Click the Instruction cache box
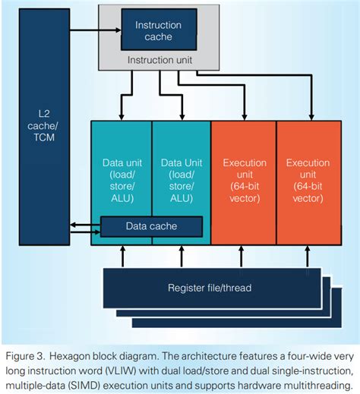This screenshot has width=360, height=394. coord(159,30)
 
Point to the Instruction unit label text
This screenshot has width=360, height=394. coord(159,59)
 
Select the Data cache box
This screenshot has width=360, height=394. coord(152,226)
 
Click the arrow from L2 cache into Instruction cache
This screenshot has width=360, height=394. coord(99,30)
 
